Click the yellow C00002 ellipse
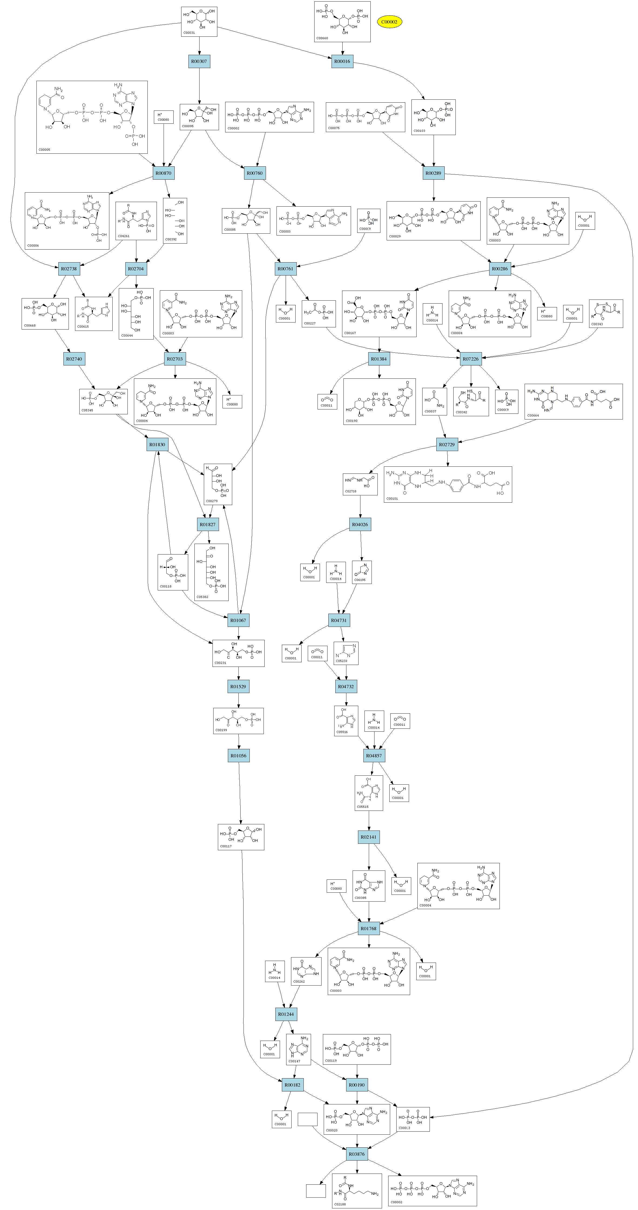point(389,22)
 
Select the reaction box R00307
point(199,61)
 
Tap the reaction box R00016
point(342,61)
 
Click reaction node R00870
point(163,173)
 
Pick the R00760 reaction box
point(254,173)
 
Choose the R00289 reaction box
point(433,173)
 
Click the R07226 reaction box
point(470,359)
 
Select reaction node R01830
point(157,444)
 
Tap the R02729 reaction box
point(447,444)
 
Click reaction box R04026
point(360,525)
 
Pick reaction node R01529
point(238,686)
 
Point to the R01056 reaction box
point(238,756)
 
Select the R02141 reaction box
point(369,836)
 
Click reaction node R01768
point(369,929)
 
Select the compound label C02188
point(340,1204)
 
